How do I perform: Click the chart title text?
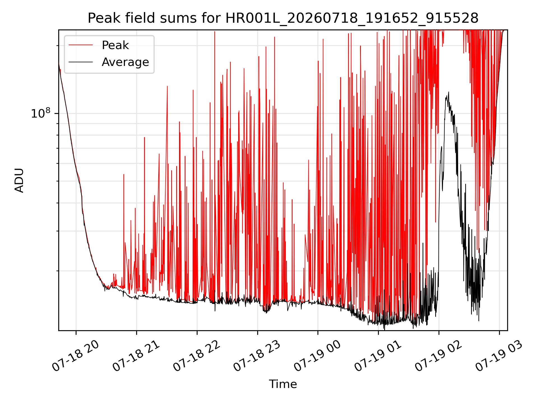283,19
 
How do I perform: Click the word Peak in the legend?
115,45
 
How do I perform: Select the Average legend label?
125,62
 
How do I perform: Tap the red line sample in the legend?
81,45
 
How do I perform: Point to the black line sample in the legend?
81,62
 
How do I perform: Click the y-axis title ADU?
19,180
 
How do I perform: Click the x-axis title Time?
283,384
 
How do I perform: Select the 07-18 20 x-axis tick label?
76,356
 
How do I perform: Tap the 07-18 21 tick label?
136,356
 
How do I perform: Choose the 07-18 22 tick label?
197,356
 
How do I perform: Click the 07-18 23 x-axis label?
257,356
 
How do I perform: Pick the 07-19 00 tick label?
317,356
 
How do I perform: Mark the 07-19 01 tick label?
378,356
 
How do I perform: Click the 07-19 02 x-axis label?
439,356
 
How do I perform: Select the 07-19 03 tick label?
499,356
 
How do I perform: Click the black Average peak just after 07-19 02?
449,92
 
